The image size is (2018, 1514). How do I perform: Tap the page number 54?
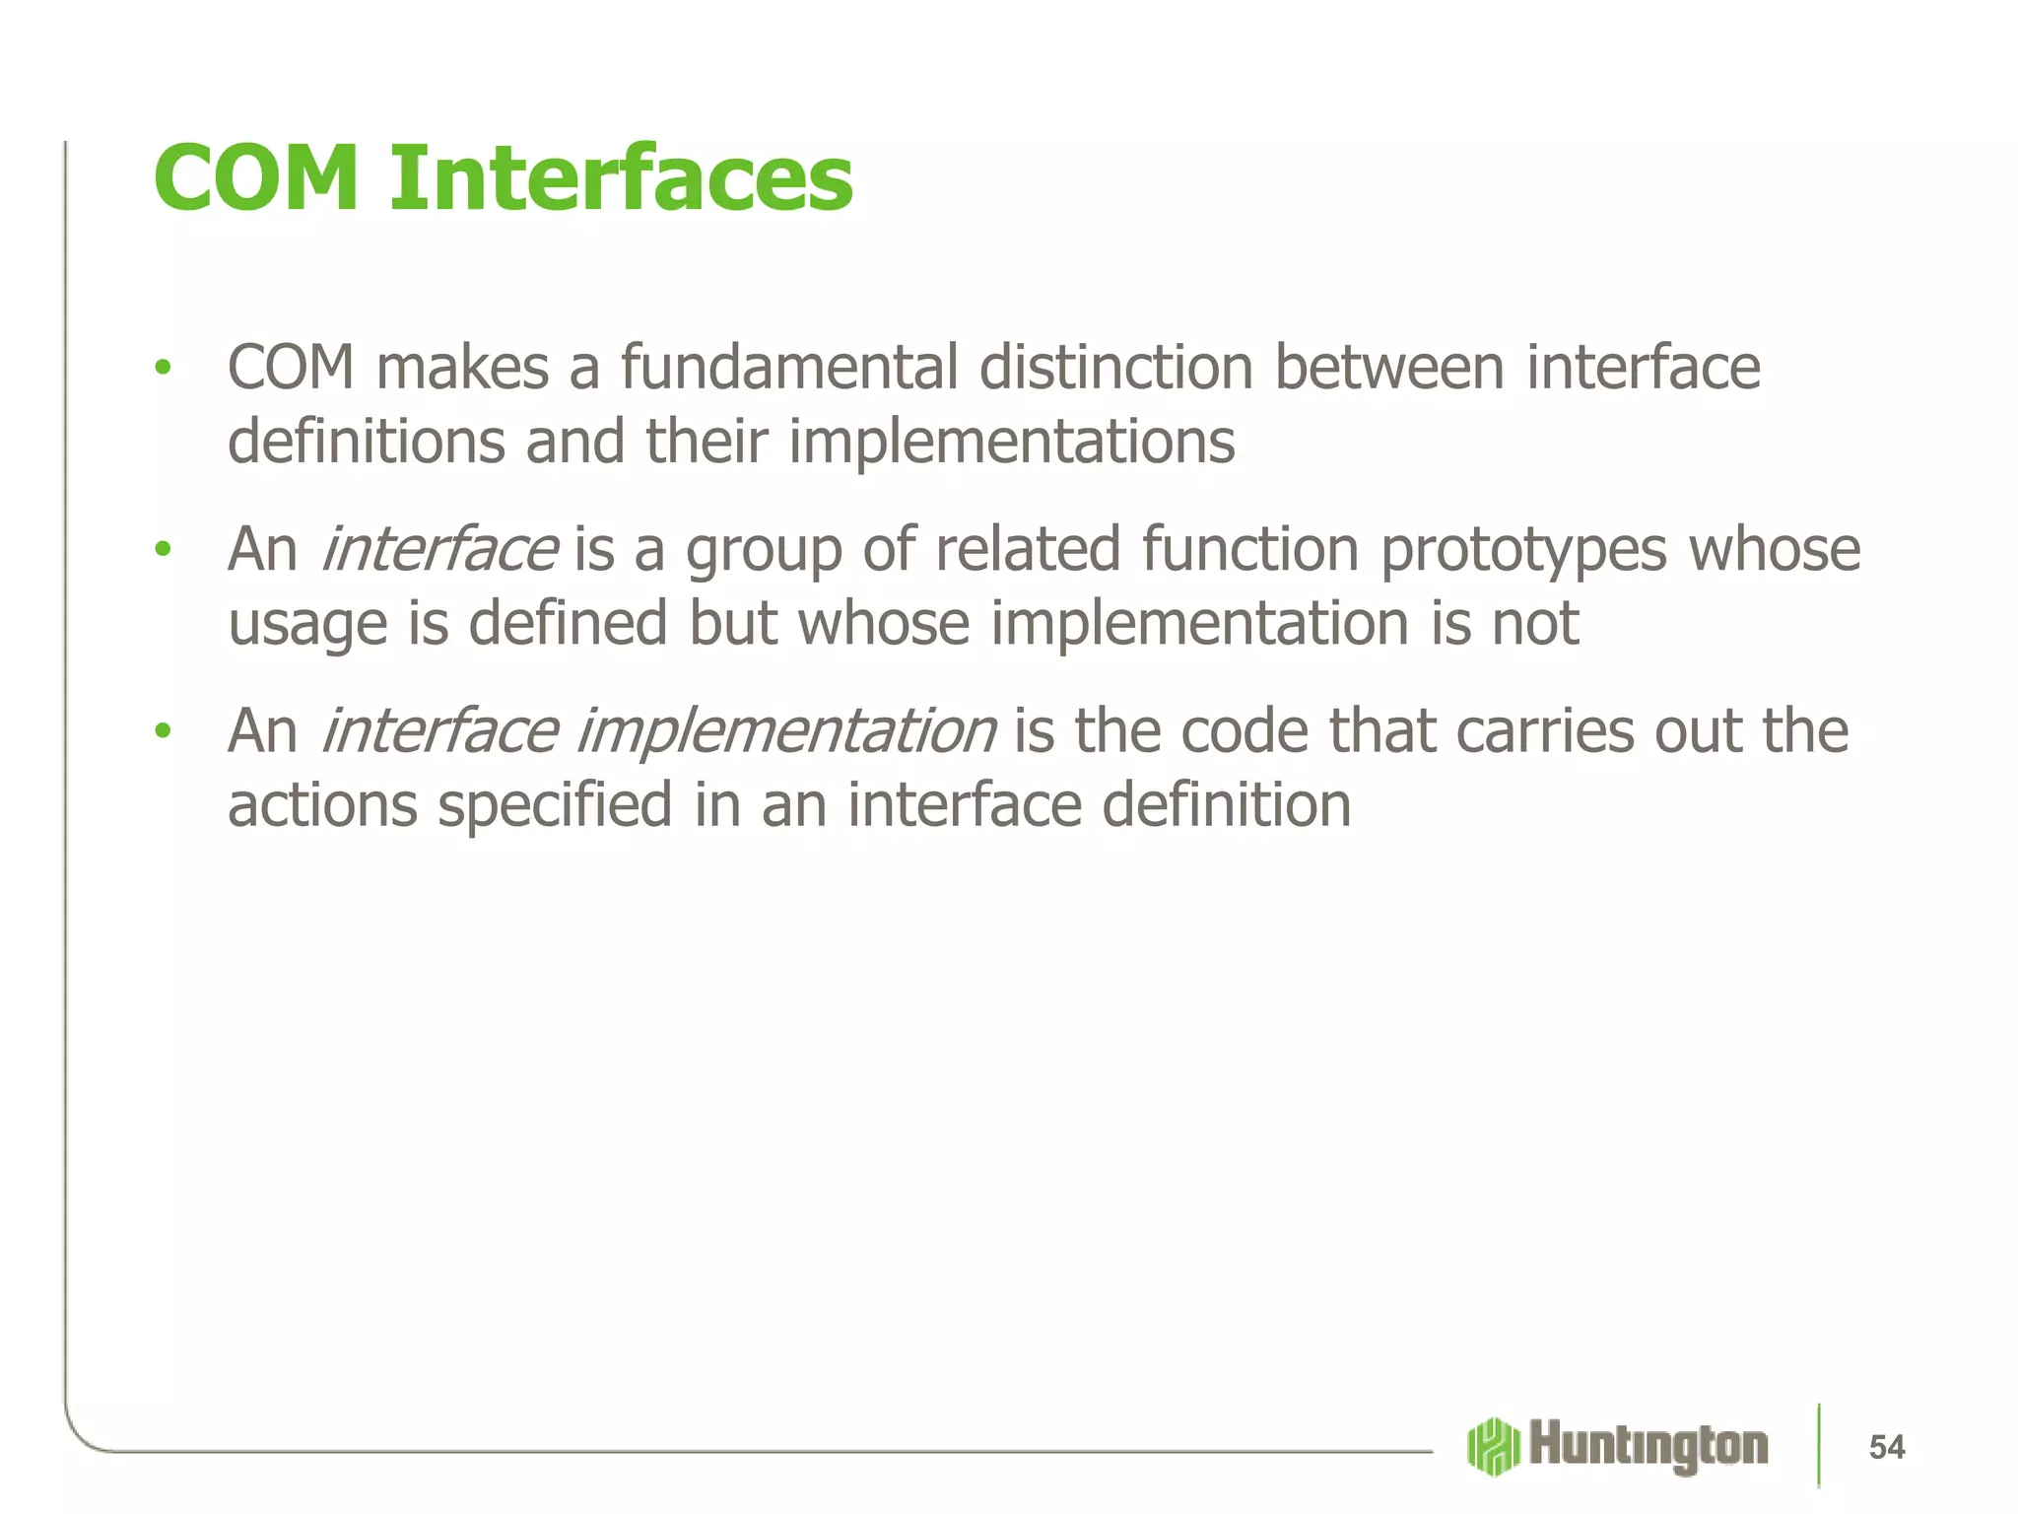click(x=1886, y=1447)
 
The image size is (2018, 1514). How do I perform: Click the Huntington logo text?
click(x=1648, y=1447)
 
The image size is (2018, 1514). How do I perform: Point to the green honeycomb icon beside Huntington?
click(x=1493, y=1447)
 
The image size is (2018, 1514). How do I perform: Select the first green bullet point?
click(x=163, y=369)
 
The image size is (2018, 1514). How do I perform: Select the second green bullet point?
click(x=163, y=550)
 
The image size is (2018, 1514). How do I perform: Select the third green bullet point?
click(x=163, y=731)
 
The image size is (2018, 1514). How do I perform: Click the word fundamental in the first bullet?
click(x=788, y=368)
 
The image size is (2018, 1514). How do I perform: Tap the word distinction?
click(x=1115, y=368)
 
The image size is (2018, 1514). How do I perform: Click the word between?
click(x=1389, y=368)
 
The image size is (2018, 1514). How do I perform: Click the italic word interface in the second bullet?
click(x=439, y=549)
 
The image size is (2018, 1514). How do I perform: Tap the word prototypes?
click(x=1522, y=549)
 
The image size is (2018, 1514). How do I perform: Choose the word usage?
click(x=307, y=625)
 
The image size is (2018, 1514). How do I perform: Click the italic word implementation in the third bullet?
click(x=785, y=731)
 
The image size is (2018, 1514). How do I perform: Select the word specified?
click(x=555, y=805)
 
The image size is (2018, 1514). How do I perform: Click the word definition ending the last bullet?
click(x=1226, y=805)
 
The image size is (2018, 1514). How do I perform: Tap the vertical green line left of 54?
click(x=1819, y=1444)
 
